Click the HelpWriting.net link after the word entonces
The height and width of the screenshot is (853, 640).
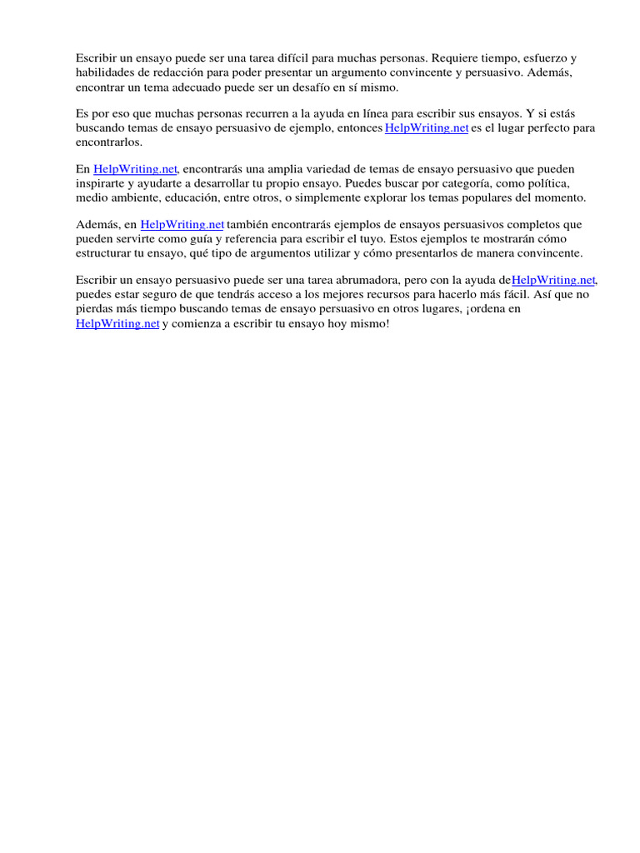427,127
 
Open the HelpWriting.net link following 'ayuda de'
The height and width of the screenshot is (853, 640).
554,281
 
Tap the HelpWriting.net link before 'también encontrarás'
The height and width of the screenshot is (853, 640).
182,224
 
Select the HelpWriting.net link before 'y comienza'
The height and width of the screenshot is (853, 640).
117,324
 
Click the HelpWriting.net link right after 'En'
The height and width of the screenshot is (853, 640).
135,168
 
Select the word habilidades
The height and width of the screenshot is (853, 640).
103,72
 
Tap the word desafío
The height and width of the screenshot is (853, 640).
313,87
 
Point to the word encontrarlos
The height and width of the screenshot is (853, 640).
109,142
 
